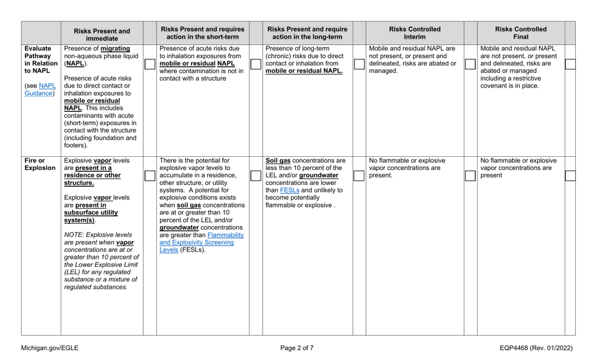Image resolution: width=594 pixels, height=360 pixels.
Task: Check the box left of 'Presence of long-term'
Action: coord(255,64)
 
